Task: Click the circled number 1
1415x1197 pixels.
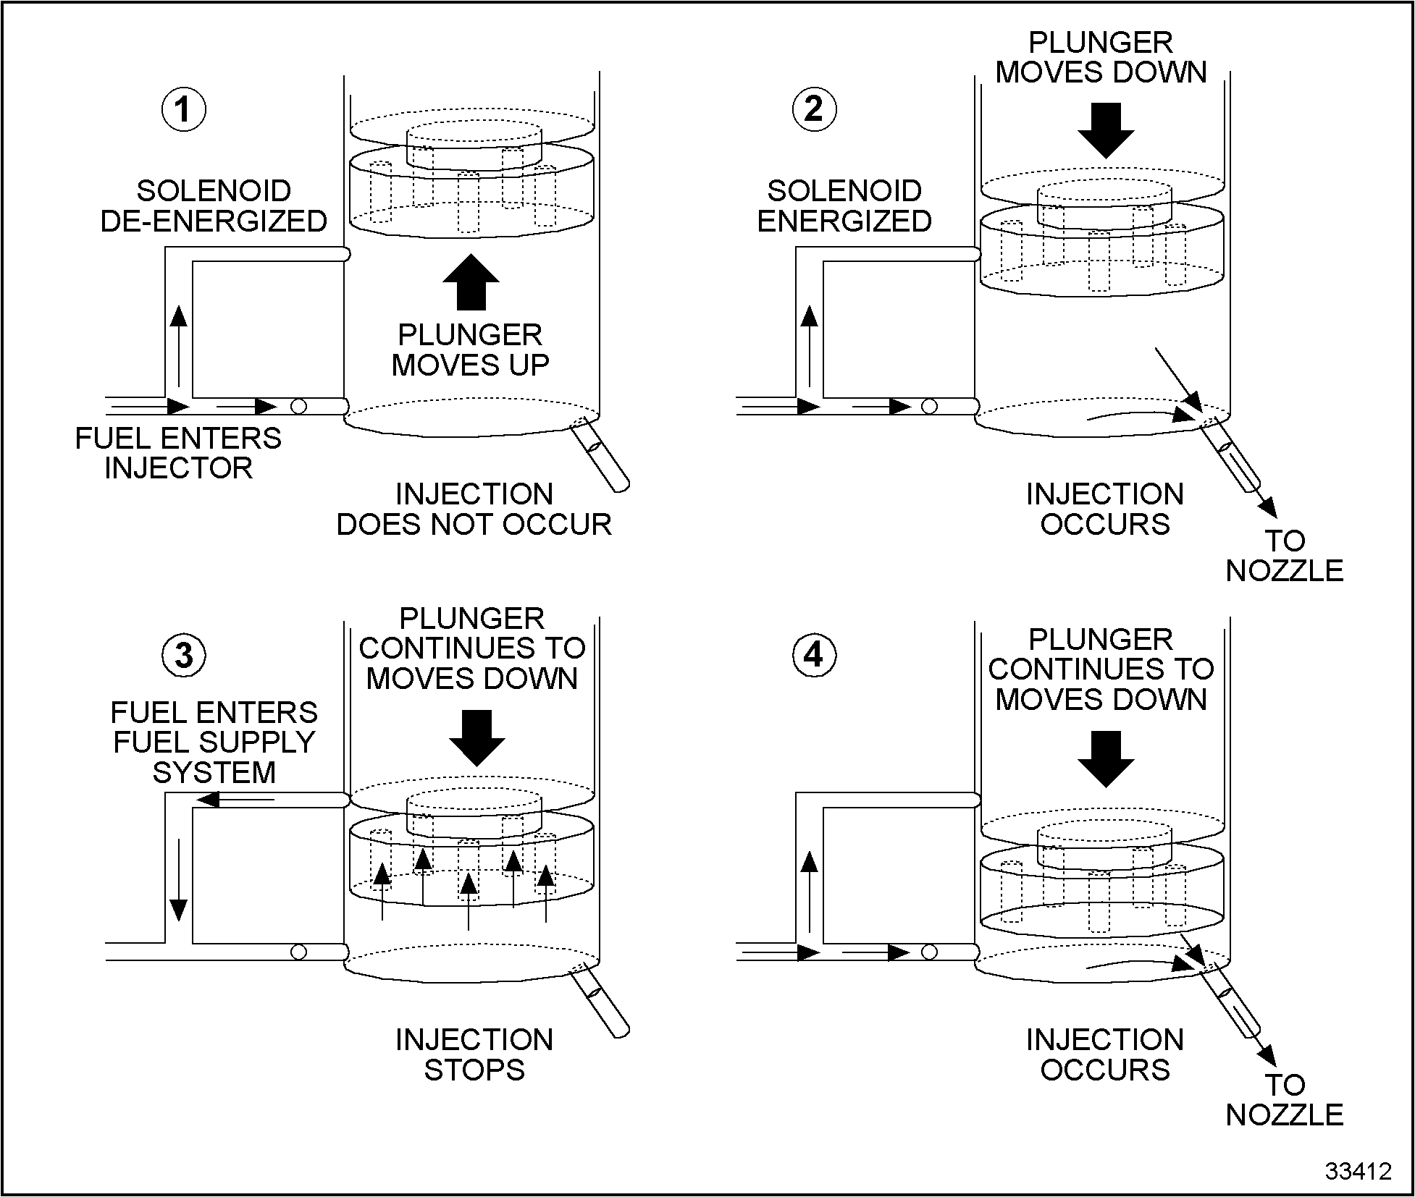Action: pos(183,110)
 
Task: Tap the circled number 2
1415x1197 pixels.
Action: pos(814,110)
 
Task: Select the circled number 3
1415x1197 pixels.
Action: pos(184,656)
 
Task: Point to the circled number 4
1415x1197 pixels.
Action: pos(814,656)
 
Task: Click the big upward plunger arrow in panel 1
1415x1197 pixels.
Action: pos(471,282)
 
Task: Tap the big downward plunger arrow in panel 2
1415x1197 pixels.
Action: pos(1106,130)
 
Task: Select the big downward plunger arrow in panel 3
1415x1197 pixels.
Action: pos(476,737)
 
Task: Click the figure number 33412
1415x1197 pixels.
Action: pos(1358,1171)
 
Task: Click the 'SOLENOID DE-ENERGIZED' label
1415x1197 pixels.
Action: pos(214,206)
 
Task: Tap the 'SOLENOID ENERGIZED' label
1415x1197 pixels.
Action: pos(844,206)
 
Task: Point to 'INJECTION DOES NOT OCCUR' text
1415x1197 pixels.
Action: pos(474,509)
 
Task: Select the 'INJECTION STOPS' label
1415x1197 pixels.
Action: pos(474,1054)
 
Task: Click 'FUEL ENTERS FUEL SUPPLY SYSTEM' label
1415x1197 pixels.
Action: pos(214,743)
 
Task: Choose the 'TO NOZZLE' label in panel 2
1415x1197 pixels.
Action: pos(1285,556)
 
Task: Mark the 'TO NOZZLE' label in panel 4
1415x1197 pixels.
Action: pos(1285,1100)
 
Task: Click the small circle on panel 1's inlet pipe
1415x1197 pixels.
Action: pos(298,407)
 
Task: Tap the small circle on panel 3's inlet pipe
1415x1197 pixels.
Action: pos(298,952)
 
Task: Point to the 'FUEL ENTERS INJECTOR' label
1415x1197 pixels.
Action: pos(178,453)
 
